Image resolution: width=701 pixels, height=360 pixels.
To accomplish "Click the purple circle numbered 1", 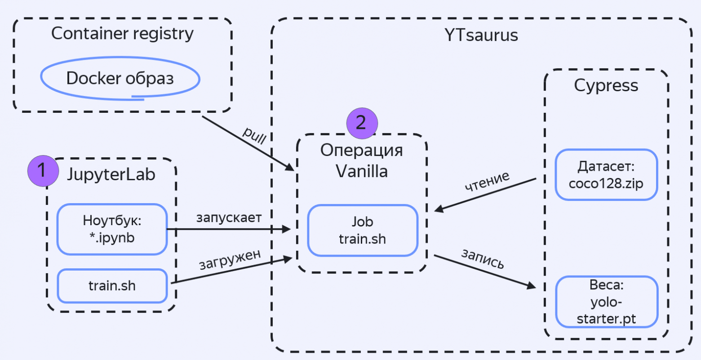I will pyautogui.click(x=43, y=171).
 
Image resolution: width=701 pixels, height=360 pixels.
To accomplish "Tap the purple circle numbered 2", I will pyautogui.click(x=362, y=123).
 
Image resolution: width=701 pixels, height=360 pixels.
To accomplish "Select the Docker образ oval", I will pyautogui.click(x=120, y=79).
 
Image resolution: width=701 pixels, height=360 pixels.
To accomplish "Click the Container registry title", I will pyautogui.click(x=122, y=34).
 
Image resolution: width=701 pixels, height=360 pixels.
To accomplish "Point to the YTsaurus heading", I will pyautogui.click(x=481, y=36).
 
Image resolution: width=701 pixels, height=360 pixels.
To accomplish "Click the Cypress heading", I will pyautogui.click(x=606, y=85).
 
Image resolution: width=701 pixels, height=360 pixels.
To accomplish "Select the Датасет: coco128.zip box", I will pyautogui.click(x=606, y=175).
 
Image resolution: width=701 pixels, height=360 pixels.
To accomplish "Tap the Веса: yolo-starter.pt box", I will pyautogui.click(x=606, y=302).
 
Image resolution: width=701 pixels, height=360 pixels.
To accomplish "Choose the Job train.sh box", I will pyautogui.click(x=362, y=230).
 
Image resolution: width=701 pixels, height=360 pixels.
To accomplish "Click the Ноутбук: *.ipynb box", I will pyautogui.click(x=112, y=229).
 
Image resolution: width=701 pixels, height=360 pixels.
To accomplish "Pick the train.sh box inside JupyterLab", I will pyautogui.click(x=112, y=286).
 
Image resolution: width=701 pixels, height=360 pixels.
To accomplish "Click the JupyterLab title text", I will pyautogui.click(x=111, y=174).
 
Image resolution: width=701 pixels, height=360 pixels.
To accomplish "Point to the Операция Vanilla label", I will pyautogui.click(x=361, y=161).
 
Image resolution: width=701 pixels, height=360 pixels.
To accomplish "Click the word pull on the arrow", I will pyautogui.click(x=254, y=135).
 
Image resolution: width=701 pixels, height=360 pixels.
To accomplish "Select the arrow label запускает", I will pyautogui.click(x=228, y=218).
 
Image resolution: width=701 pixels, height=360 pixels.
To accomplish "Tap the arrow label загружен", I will pyautogui.click(x=230, y=259).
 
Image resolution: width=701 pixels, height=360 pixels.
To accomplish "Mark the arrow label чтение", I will pyautogui.click(x=487, y=181).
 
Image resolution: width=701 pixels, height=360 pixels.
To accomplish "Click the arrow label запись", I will pyautogui.click(x=483, y=259).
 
